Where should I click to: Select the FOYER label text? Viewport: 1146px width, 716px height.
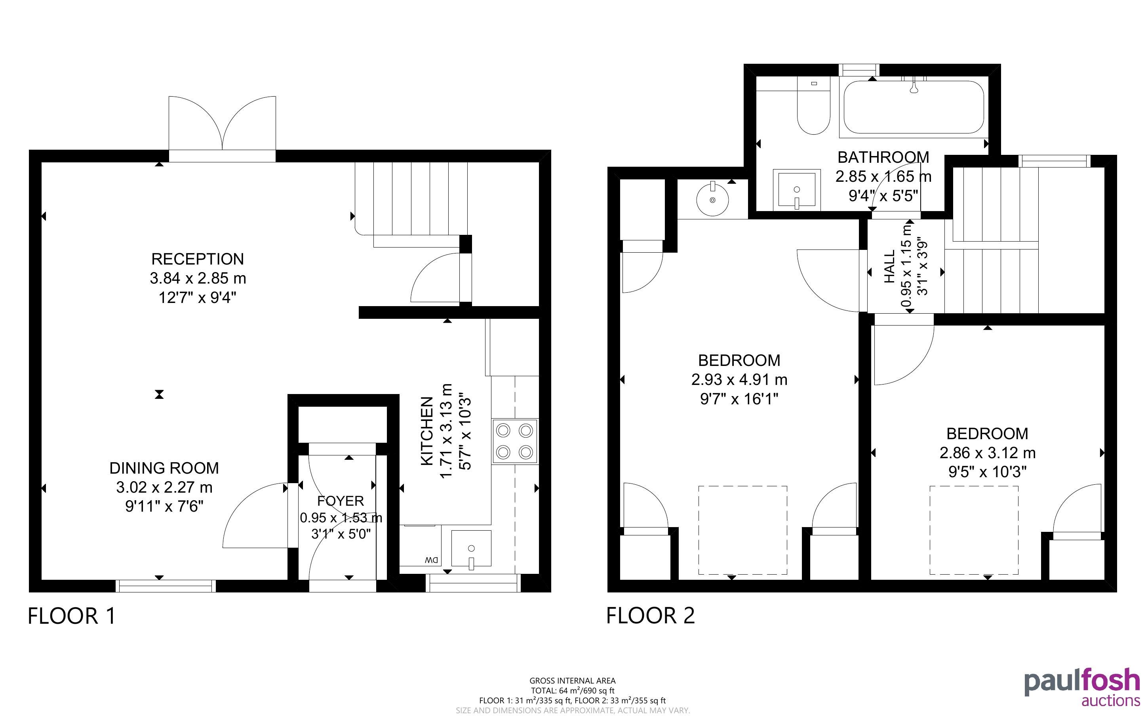click(340, 501)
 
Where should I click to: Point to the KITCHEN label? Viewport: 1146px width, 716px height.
click(427, 431)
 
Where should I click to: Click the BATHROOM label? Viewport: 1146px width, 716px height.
click(883, 157)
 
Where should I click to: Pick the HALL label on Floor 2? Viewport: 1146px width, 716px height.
click(890, 267)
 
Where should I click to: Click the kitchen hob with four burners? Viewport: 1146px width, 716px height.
click(514, 441)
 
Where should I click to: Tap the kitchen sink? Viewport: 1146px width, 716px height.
click(471, 548)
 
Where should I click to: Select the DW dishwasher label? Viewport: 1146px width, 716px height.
click(432, 560)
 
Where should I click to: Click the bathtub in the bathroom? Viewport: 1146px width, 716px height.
click(914, 107)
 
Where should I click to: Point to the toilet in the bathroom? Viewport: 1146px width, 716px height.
click(814, 107)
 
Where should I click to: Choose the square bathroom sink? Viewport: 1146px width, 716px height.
click(797, 189)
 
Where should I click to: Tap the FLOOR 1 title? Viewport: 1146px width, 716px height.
click(72, 616)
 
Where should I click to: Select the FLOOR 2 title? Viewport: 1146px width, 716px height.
click(651, 615)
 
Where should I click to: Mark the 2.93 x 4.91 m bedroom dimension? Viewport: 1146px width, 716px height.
click(739, 380)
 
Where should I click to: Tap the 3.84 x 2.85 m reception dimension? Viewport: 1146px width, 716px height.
click(198, 278)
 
